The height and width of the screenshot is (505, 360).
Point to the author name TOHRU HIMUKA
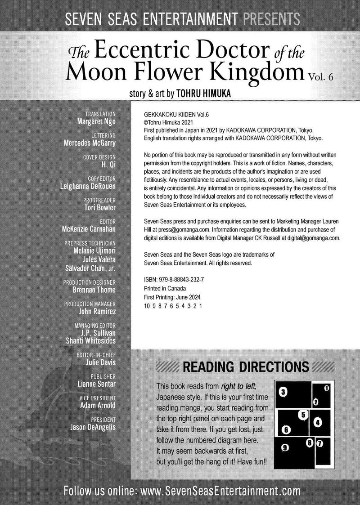tap(205, 95)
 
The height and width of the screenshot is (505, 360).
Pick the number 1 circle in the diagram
tap(326, 388)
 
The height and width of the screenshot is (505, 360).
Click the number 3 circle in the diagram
tap(282, 392)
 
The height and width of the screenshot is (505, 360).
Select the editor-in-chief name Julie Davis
tap(101, 362)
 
